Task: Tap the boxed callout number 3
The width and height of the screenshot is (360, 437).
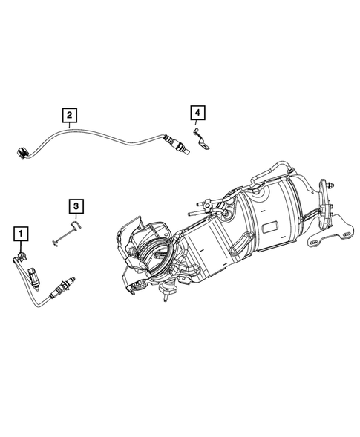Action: point(75,206)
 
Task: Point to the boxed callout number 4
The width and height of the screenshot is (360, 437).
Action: point(197,112)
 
